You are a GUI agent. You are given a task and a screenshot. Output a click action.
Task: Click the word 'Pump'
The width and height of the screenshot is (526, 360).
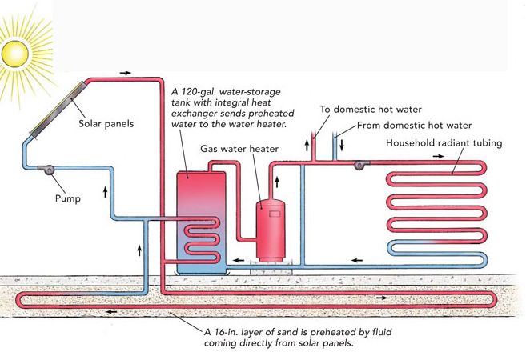pos(68,197)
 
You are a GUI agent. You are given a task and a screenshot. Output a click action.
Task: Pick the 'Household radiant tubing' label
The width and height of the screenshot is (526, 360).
pos(435,143)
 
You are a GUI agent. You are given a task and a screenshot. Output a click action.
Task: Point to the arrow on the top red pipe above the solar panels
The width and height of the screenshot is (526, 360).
pos(126,72)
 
